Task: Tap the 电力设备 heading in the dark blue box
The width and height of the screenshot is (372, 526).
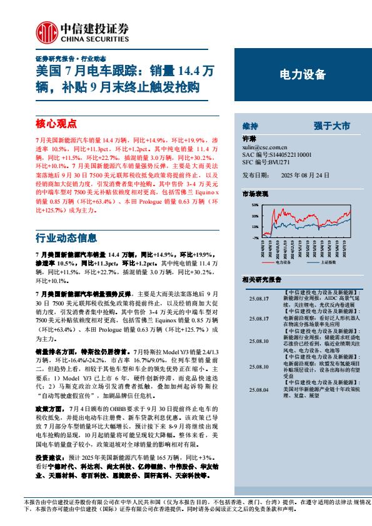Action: point(302,75)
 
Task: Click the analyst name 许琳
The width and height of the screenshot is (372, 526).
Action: point(248,139)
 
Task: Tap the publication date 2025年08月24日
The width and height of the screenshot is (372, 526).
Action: point(304,176)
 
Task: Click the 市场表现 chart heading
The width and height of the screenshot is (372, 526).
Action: point(254,194)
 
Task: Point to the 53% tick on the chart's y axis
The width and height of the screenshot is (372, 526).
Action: point(254,205)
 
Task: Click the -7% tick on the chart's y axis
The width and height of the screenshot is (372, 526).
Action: point(254,238)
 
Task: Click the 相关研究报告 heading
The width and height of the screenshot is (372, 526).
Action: point(261,279)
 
